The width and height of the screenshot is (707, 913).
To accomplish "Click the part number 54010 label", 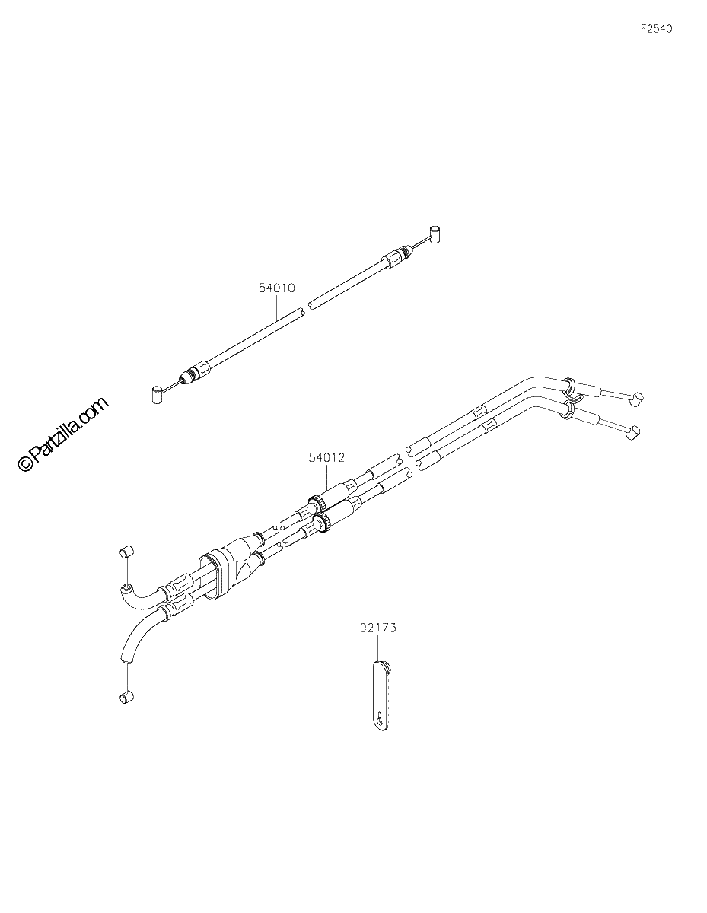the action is [x=276, y=288].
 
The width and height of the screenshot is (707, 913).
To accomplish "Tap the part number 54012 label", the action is [x=326, y=457].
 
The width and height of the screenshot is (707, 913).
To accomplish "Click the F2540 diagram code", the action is [x=656, y=29].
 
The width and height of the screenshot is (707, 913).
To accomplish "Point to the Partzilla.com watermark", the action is [x=62, y=434].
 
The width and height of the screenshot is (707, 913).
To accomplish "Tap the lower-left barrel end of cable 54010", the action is [x=157, y=395].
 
